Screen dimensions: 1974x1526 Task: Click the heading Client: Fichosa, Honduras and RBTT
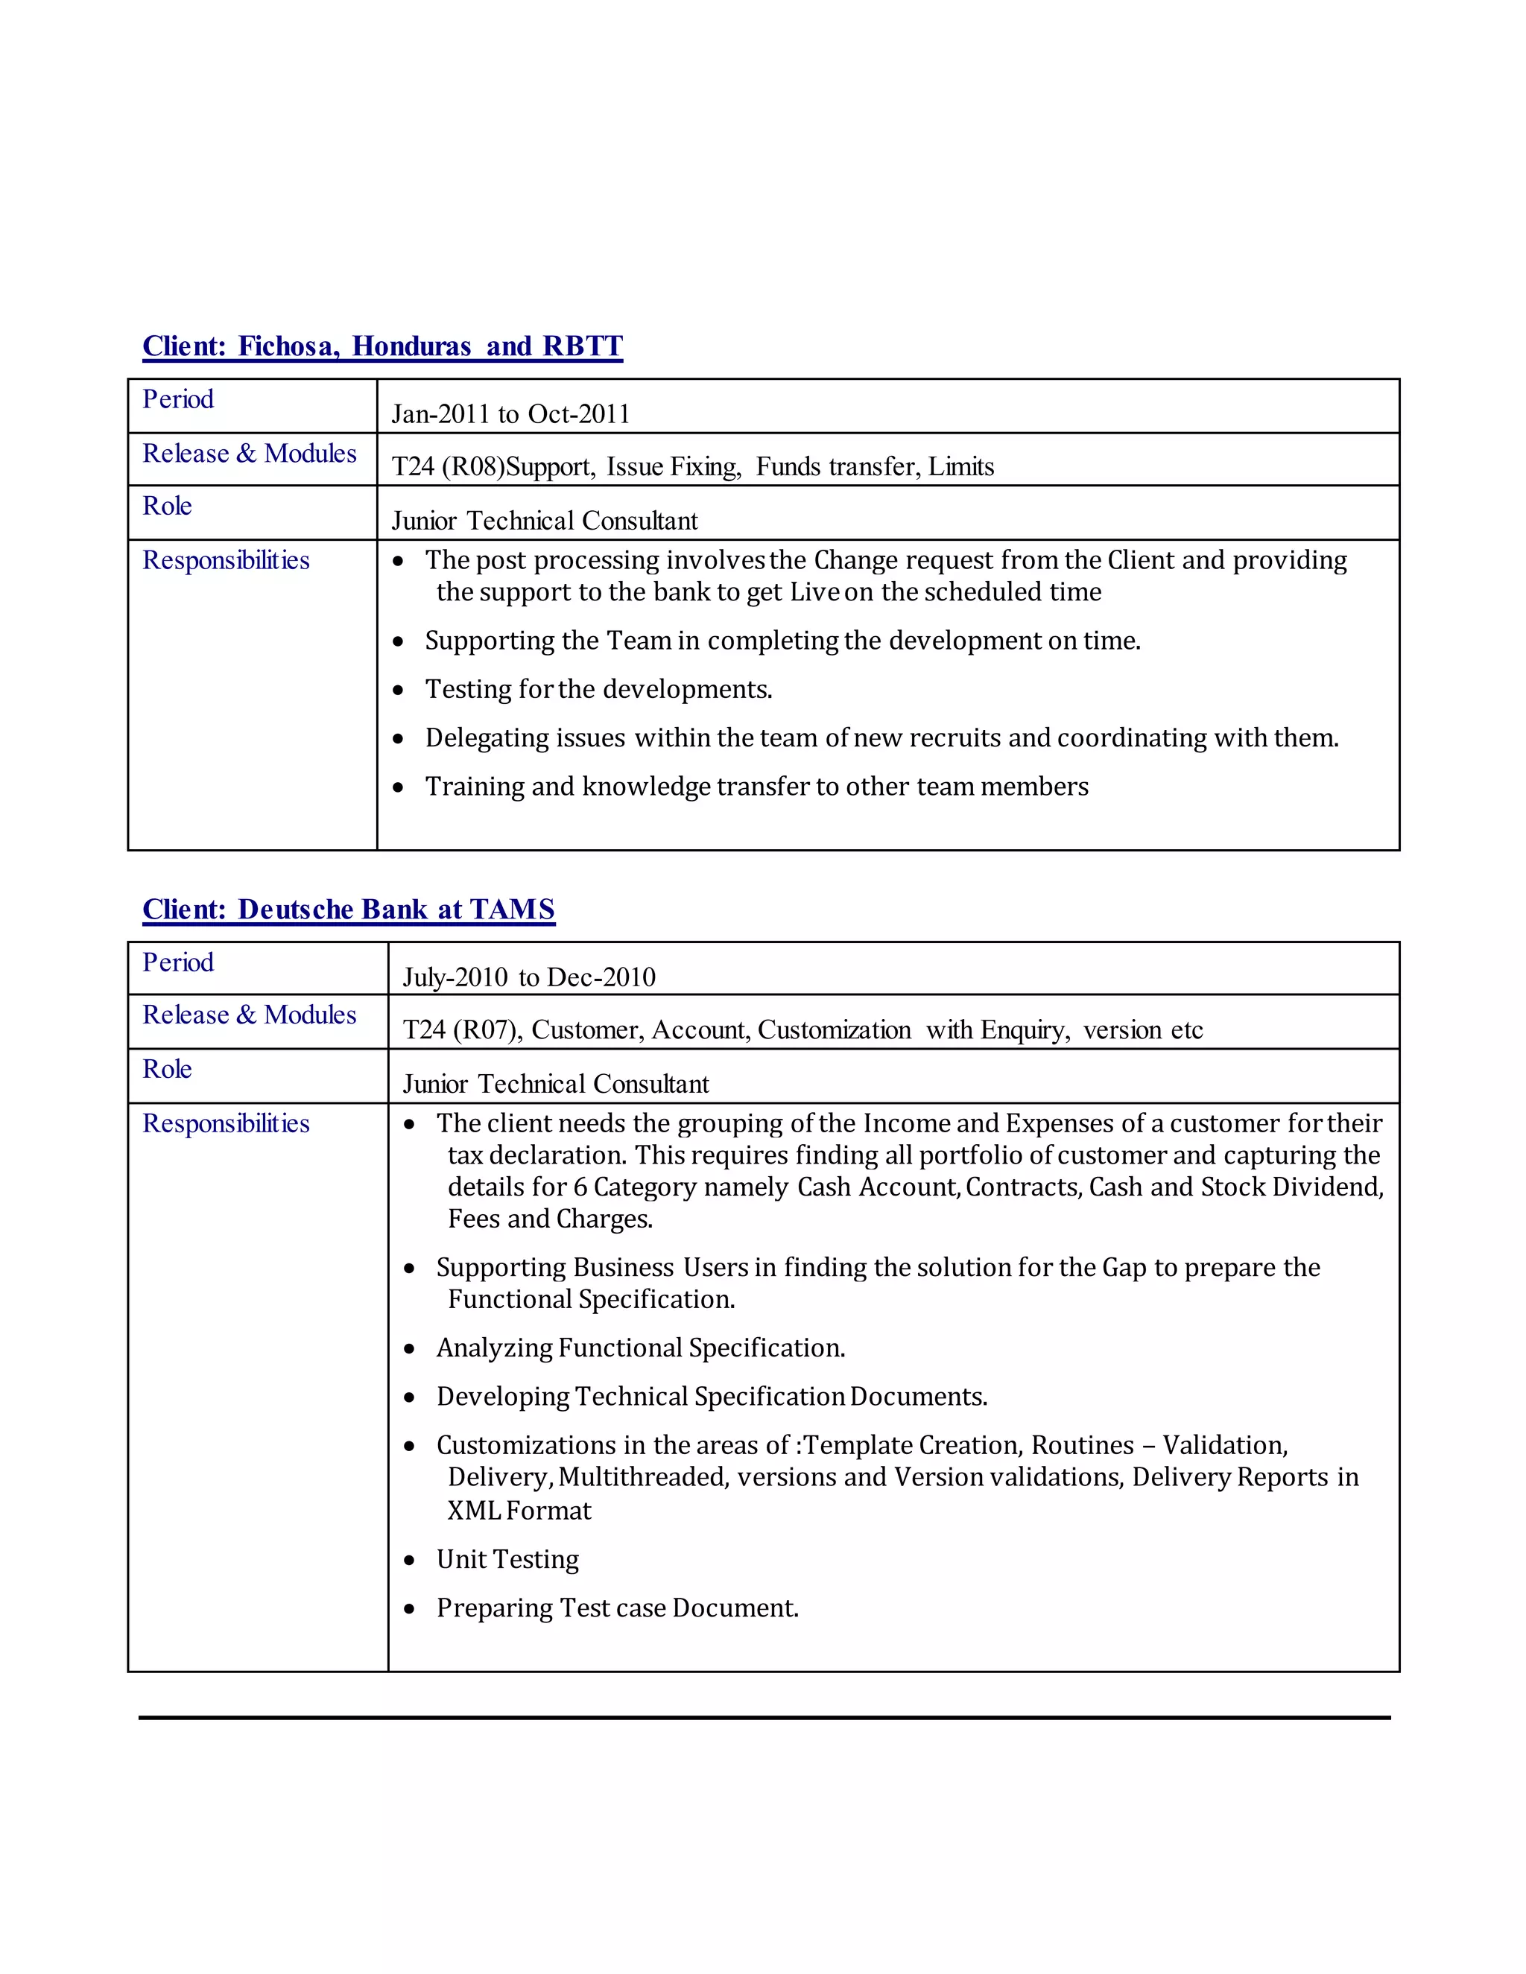[x=382, y=346]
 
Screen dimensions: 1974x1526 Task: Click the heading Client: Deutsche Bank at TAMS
[x=348, y=910]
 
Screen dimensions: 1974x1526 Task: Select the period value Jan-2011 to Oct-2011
[x=510, y=414]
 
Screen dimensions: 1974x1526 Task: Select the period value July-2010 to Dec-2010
[x=529, y=977]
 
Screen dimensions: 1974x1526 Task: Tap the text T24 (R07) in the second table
[x=461, y=1029]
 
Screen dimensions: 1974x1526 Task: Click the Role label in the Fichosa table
[x=167, y=506]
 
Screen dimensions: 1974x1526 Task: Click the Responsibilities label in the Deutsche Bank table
[x=226, y=1123]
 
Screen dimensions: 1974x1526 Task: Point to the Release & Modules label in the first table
[x=250, y=454]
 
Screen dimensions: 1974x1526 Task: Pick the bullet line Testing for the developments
[x=598, y=690]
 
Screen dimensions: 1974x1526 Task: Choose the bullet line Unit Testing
[x=507, y=1559]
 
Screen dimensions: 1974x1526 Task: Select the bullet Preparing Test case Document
[x=618, y=1608]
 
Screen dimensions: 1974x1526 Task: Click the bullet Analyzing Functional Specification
[x=640, y=1348]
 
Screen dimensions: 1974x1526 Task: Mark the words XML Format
[x=519, y=1511]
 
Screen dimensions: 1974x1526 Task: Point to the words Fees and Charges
[x=550, y=1219]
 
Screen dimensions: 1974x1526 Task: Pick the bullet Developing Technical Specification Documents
[x=712, y=1397]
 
